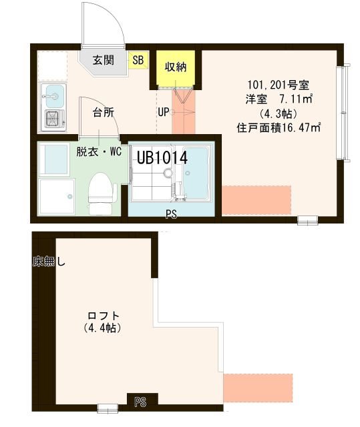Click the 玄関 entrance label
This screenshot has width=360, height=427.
point(102,60)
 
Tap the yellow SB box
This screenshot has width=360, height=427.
point(138,60)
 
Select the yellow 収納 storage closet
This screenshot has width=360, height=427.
point(176,67)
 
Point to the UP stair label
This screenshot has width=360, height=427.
point(164,111)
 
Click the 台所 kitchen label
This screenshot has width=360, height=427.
point(102,111)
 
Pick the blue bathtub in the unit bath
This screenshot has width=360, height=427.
point(196,177)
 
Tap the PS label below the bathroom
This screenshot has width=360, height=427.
point(172,214)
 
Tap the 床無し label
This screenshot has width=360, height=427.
point(48,262)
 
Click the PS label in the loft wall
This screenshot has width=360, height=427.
point(140,402)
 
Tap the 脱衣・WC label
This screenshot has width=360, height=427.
point(99,152)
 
